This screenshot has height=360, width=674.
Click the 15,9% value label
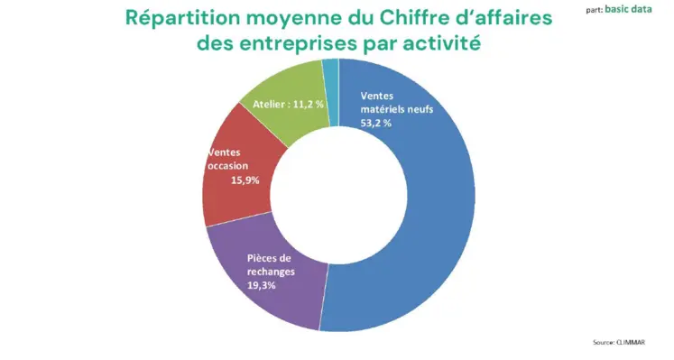tap(245, 180)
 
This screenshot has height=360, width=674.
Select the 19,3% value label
tap(262, 285)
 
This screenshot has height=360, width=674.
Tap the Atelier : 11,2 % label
tap(288, 104)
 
